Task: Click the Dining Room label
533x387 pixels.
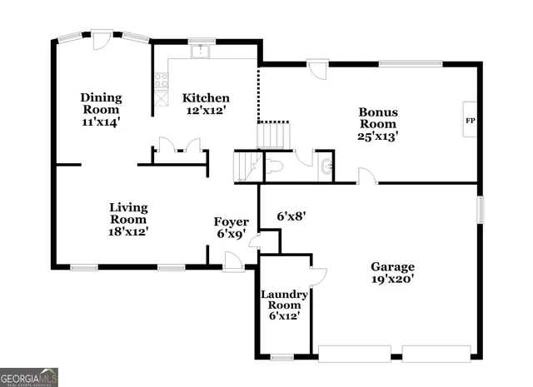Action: (101, 109)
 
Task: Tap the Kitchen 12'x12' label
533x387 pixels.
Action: (206, 103)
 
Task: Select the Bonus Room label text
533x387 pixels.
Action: (377, 123)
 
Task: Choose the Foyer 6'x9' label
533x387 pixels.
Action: (231, 227)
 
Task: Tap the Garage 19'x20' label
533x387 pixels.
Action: (392, 273)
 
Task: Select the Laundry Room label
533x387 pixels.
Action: (285, 305)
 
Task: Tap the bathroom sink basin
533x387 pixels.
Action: (325, 165)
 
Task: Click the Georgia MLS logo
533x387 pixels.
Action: (29, 376)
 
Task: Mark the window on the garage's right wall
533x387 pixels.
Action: (480, 209)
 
